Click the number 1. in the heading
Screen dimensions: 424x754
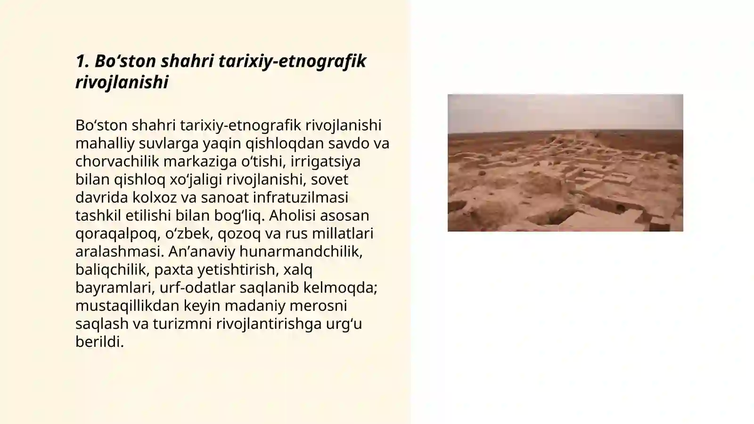[x=82, y=61]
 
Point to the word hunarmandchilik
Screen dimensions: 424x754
[x=301, y=252]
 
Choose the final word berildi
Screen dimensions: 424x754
[x=99, y=342]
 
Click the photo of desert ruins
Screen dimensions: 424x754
[x=565, y=163]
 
